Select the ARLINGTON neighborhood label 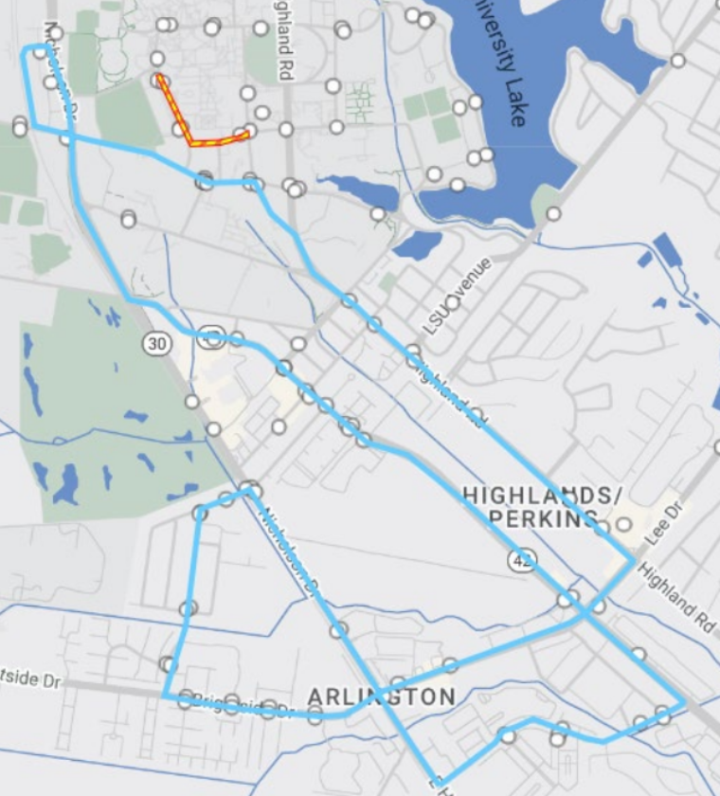382,697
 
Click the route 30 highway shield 157,343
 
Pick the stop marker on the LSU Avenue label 452,303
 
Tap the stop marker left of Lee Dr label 624,523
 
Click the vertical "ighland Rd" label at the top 282,47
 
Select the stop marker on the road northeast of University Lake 678,61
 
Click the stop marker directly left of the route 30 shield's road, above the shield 129,220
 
